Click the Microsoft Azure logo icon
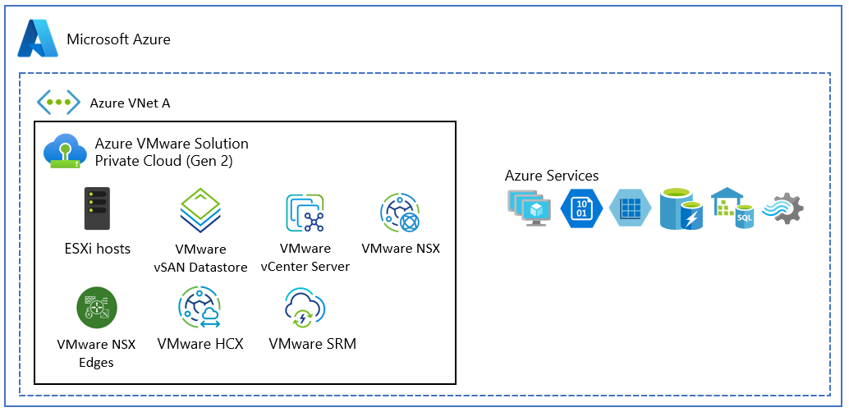point(38,38)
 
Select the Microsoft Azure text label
point(118,39)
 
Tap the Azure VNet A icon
point(58,102)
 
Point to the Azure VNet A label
point(130,103)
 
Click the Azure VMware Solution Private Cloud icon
point(65,150)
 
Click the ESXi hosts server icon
point(97,208)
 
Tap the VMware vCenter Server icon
point(305,213)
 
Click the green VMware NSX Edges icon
point(97,308)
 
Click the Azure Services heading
point(552,176)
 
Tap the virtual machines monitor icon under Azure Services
point(529,208)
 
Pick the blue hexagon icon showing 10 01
point(581,208)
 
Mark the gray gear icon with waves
point(783,208)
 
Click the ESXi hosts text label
point(97,249)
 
